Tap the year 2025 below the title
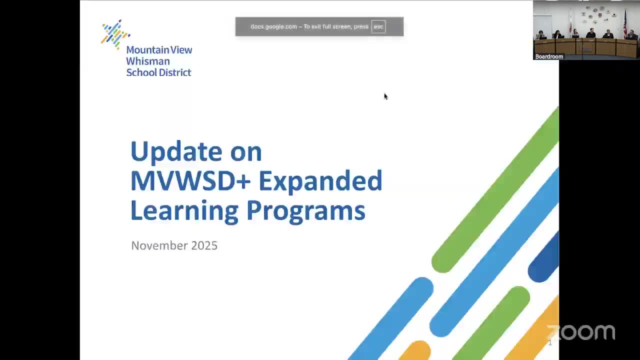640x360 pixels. click(204, 245)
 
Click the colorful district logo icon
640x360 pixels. click(115, 34)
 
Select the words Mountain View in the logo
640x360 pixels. click(159, 50)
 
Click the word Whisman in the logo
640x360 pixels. click(147, 61)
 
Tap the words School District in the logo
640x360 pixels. click(158, 72)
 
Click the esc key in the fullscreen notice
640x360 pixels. click(378, 26)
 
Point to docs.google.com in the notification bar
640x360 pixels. click(273, 26)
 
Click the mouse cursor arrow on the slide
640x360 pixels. click(385, 96)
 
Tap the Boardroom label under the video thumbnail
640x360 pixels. click(549, 56)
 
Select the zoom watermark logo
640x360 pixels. click(580, 332)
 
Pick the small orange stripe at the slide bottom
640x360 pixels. click(415, 350)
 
